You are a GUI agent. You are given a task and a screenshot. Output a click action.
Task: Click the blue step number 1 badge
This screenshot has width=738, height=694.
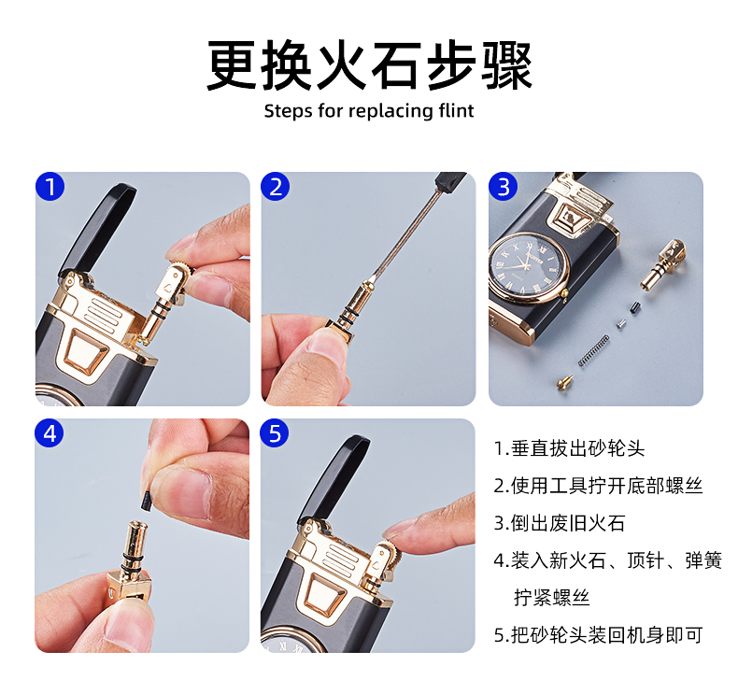pyautogui.click(x=50, y=186)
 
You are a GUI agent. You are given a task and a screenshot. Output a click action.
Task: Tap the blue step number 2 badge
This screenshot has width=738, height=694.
pyautogui.click(x=276, y=186)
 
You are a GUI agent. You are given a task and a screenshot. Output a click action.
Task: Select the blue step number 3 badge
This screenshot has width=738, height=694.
pyautogui.click(x=504, y=186)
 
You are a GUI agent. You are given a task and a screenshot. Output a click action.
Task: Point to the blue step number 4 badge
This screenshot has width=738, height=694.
pyautogui.click(x=49, y=432)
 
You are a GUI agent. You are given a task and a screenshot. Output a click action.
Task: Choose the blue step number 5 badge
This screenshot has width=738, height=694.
pyautogui.click(x=275, y=432)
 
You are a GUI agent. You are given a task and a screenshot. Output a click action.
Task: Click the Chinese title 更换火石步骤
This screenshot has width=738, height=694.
pyautogui.click(x=370, y=65)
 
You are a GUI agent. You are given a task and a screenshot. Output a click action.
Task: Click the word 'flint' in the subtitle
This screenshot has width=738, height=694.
pyautogui.click(x=456, y=111)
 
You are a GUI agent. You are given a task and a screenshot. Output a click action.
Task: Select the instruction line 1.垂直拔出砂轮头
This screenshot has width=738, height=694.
pyautogui.click(x=569, y=448)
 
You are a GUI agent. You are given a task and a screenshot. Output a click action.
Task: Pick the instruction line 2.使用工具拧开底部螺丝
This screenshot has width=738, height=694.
pyautogui.click(x=598, y=486)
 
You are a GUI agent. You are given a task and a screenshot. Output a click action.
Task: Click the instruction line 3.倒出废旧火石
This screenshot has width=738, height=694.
pyautogui.click(x=560, y=523)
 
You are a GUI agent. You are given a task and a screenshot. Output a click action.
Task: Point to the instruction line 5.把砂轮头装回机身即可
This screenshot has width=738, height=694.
pyautogui.click(x=598, y=635)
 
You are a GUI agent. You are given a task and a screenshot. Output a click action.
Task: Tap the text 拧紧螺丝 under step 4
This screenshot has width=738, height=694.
pyautogui.click(x=551, y=598)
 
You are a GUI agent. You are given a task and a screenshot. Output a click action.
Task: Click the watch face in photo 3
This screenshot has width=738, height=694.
pyautogui.click(x=527, y=268)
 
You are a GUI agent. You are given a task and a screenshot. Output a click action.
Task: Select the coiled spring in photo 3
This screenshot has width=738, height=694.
pyautogui.click(x=593, y=350)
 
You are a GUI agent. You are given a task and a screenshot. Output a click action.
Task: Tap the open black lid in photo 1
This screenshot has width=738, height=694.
pyautogui.click(x=97, y=229)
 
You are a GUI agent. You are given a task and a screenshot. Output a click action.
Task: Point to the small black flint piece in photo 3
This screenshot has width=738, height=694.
pyautogui.click(x=635, y=308)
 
